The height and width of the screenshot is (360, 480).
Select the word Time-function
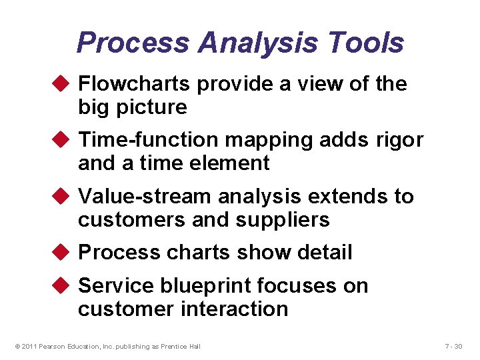[148, 140]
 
